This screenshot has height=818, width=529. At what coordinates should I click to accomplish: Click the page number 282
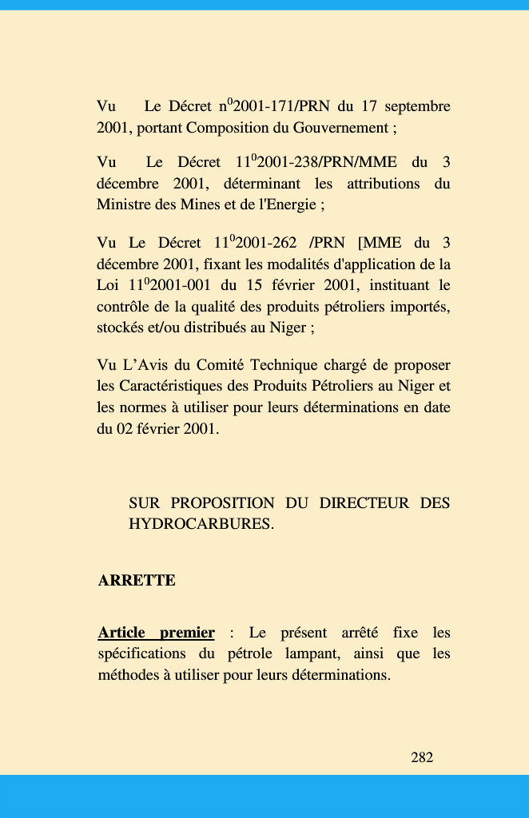[422, 757]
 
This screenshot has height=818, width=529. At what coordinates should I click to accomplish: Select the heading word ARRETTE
[137, 581]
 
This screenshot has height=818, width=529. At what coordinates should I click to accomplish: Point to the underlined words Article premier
[157, 633]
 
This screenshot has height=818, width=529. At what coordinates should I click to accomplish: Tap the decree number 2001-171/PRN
[273, 106]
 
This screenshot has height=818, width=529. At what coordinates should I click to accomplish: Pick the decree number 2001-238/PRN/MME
[326, 162]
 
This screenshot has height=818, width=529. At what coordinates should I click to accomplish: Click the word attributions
[383, 183]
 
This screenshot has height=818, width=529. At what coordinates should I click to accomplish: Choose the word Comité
[217, 365]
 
